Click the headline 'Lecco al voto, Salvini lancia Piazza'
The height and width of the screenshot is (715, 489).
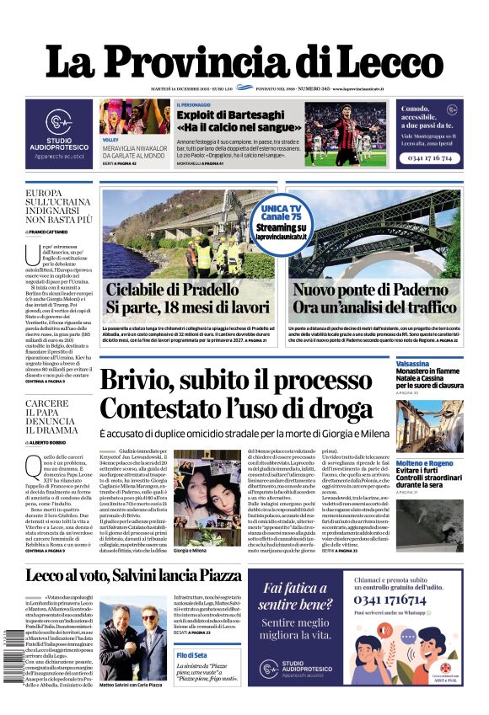pos(132,576)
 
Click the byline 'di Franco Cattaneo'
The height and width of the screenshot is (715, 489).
pos(53,231)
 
